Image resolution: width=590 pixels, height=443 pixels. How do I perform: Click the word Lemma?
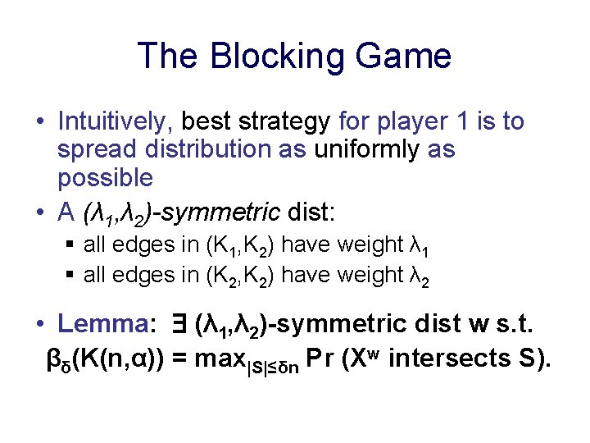pos(103,325)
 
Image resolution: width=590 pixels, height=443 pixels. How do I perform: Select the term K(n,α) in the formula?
pos(123,359)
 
